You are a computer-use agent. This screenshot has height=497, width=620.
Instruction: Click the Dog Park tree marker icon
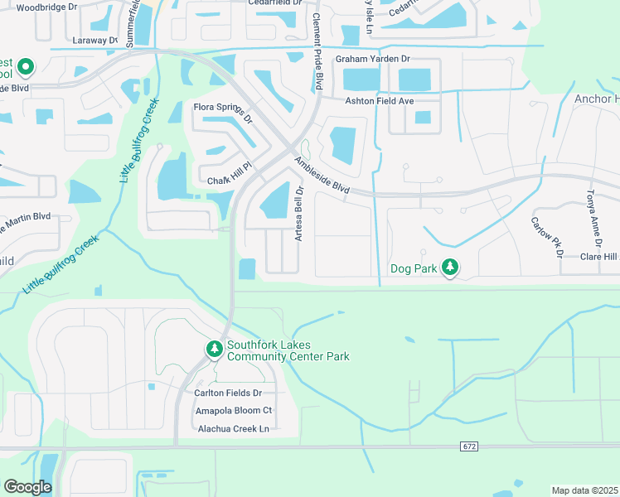point(450,268)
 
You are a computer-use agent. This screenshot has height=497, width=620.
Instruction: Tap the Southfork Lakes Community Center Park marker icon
point(215,350)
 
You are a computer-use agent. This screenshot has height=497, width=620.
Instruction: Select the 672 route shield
point(469,446)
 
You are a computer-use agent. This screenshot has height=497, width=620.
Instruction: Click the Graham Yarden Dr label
point(373,60)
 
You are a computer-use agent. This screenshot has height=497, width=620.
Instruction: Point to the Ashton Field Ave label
point(379,101)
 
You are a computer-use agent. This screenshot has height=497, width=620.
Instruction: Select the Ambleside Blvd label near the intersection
point(322,176)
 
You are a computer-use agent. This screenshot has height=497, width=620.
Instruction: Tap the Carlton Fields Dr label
point(228,393)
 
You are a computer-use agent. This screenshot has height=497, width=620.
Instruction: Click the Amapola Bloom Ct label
point(233,411)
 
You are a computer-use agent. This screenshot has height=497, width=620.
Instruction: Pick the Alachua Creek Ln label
point(234,429)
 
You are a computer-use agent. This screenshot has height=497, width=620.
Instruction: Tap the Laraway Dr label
point(95,39)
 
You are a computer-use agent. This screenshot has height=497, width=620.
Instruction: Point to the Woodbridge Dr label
point(48,7)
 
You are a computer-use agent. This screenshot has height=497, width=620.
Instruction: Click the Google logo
point(27,486)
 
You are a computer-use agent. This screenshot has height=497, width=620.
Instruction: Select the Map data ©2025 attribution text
point(584,490)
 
